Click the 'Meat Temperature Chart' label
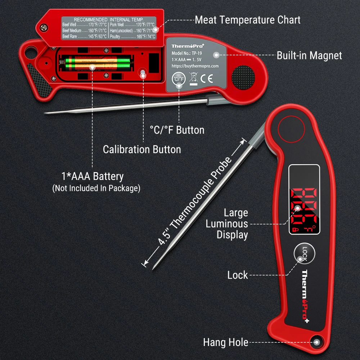247,20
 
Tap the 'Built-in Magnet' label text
309,55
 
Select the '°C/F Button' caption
177,130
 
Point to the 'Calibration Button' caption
142,149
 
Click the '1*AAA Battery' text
93,176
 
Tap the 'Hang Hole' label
225,342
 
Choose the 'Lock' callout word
238,275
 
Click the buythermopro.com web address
195,66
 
